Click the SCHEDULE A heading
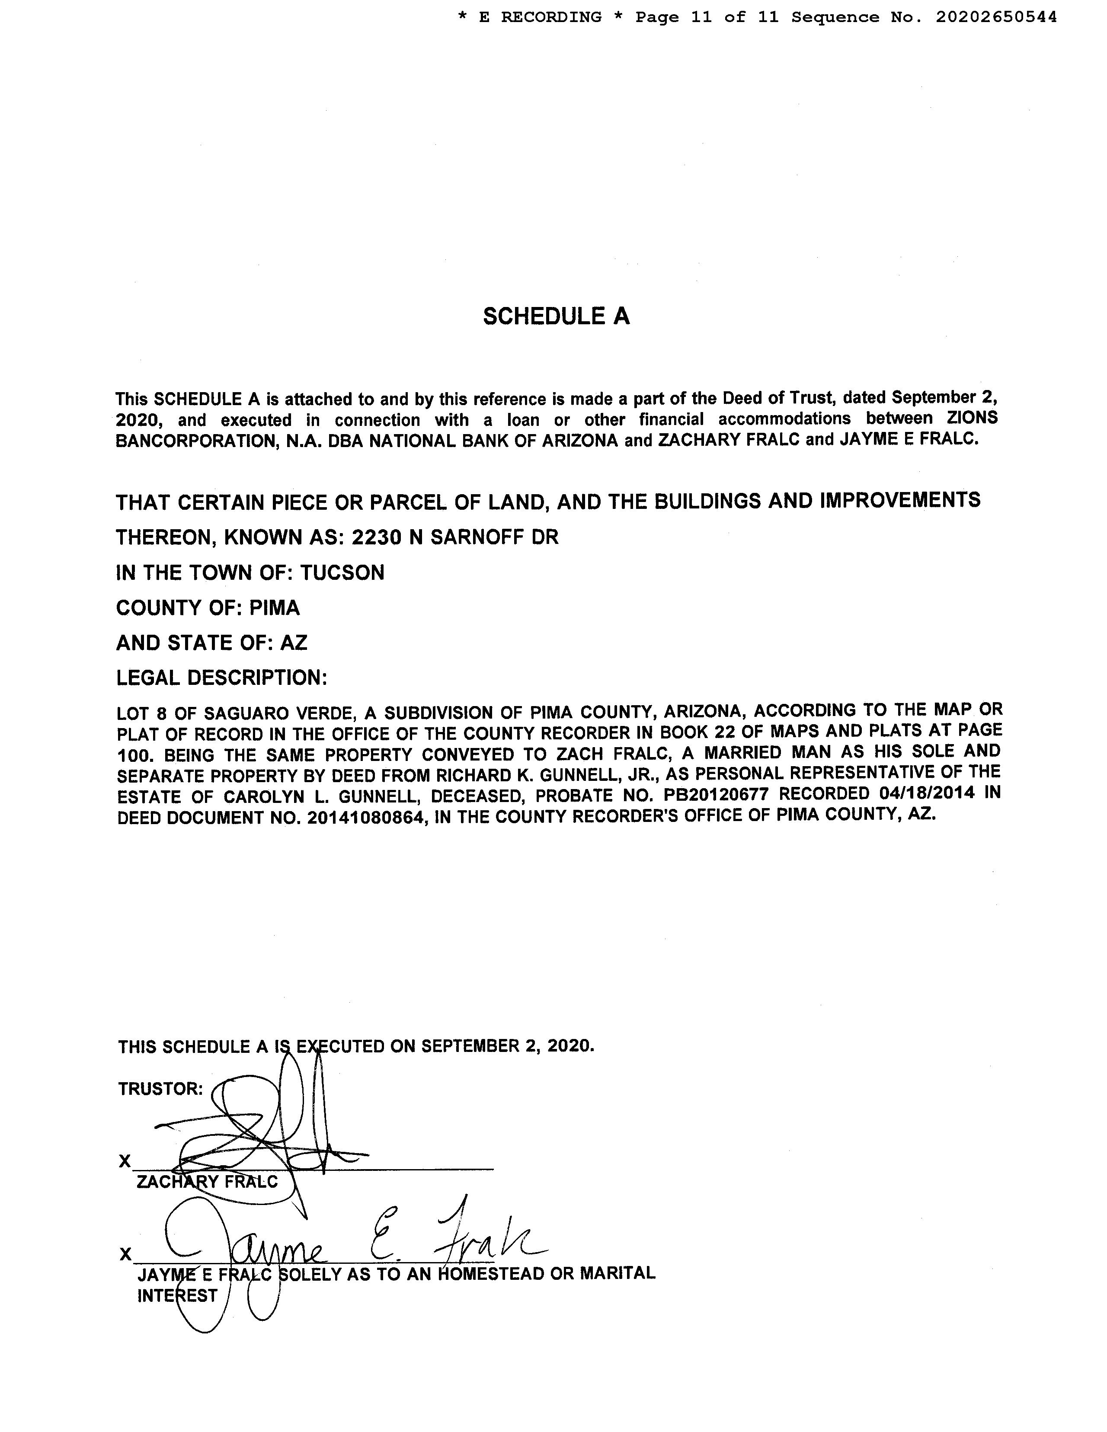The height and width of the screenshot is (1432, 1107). coord(556,316)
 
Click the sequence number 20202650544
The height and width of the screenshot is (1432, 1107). coord(996,17)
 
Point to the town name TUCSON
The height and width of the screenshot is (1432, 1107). coord(342,573)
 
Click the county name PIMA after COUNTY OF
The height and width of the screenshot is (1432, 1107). coord(274,608)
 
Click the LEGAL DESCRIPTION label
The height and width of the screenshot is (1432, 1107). coord(222,678)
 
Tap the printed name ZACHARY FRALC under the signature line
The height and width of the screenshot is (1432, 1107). coord(207,1182)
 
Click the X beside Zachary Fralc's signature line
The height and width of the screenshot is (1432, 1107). coord(125,1161)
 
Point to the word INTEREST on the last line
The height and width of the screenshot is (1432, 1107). coord(177,1296)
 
